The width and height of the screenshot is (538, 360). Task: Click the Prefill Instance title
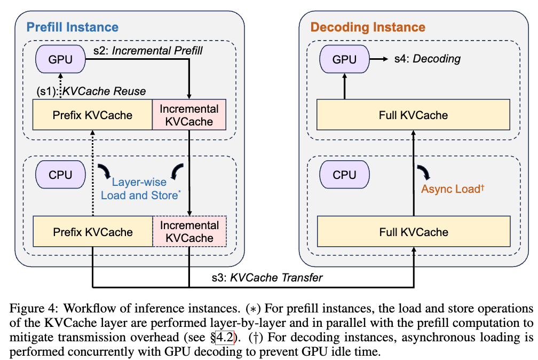click(x=73, y=27)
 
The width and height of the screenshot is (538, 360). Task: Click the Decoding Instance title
click(x=368, y=27)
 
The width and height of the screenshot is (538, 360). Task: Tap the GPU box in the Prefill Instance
click(x=60, y=59)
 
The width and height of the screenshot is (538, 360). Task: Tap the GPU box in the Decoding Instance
click(x=344, y=59)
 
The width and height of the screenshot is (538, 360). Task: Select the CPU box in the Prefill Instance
click(x=60, y=174)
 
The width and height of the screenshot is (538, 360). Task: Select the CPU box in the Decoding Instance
click(x=344, y=174)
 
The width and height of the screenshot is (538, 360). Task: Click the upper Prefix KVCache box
click(x=92, y=114)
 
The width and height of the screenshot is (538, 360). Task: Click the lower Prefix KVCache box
click(x=92, y=232)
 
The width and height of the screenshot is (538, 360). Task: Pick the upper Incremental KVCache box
click(x=189, y=115)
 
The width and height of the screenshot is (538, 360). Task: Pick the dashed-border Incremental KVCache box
click(x=189, y=232)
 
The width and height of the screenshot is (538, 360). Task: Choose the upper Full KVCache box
click(x=413, y=114)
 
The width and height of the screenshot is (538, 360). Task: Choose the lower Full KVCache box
click(x=413, y=232)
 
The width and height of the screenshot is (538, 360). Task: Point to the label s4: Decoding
click(x=427, y=58)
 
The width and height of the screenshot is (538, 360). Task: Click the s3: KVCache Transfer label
click(x=265, y=277)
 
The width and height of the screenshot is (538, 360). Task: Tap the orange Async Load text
click(x=452, y=189)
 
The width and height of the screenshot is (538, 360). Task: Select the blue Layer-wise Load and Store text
click(x=139, y=189)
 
